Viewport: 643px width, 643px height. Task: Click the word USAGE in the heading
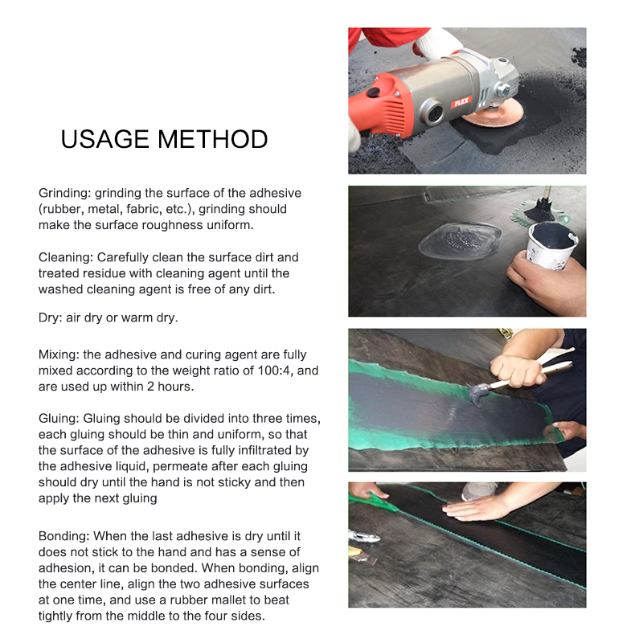(104, 139)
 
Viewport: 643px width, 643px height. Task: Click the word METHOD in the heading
(213, 139)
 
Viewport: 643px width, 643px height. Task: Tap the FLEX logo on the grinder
(461, 102)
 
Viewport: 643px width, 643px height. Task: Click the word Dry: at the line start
(48, 317)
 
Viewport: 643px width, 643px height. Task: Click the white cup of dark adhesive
(551, 245)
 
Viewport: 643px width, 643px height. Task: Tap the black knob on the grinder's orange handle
(373, 92)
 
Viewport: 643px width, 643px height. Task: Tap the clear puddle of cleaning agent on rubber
(460, 240)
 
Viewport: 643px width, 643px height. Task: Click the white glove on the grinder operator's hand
(436, 43)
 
